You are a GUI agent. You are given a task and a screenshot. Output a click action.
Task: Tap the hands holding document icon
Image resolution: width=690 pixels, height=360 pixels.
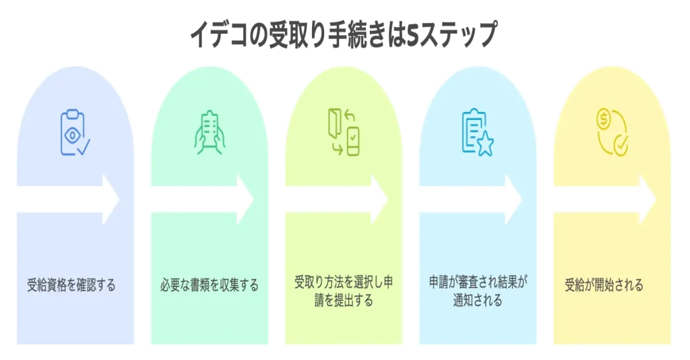(209, 131)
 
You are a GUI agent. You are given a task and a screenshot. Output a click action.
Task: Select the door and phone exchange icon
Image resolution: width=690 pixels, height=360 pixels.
(343, 132)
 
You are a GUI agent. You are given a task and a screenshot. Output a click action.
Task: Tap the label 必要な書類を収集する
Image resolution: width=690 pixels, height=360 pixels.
(209, 285)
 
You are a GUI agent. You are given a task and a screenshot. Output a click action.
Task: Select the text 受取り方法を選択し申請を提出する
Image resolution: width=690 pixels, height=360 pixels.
(344, 291)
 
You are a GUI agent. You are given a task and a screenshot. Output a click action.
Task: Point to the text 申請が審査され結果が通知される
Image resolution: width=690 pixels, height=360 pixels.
(478, 291)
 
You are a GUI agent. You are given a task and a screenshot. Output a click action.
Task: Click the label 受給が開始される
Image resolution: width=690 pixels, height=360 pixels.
(604, 285)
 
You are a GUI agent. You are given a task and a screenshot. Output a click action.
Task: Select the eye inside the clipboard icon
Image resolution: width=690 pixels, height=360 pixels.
(71, 134)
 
